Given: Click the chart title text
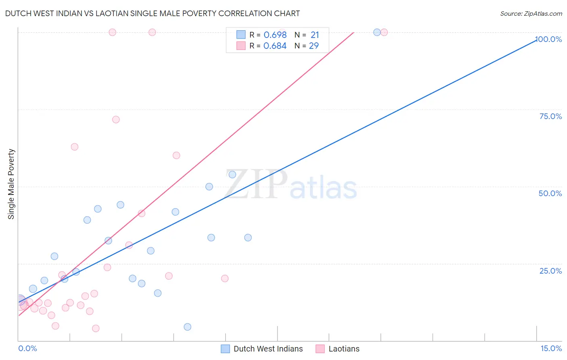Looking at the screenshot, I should pos(152,13).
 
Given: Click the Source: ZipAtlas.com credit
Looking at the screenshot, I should pos(531,14).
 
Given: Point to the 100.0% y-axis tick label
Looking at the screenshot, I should pos(548,39).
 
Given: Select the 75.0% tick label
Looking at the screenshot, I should pos(550,116).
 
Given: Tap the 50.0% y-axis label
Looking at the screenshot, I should pos(550,193).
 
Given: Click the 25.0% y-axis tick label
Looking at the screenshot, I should pos(550,271).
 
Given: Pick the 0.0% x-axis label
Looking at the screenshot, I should pos(27,348).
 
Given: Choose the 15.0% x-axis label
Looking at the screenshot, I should pos(551,348).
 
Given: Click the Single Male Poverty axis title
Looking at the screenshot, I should pos(11,184).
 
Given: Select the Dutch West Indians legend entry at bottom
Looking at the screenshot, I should pos(268,349).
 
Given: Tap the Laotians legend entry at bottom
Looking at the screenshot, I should pos(344,349).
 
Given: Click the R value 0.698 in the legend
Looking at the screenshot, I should pos(275,35).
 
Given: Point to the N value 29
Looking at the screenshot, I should pos(314,46).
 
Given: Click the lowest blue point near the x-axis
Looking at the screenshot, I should pos(188,327).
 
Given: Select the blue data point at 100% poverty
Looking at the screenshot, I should pos(377,32).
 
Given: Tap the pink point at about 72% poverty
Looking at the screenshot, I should pos(116,119).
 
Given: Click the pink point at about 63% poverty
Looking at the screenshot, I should pos(75,147).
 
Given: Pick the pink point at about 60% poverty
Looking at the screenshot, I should pos(176,155).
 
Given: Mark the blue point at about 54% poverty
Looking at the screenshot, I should pos(232,175).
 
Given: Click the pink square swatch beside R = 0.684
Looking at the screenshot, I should pos(241,46).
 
